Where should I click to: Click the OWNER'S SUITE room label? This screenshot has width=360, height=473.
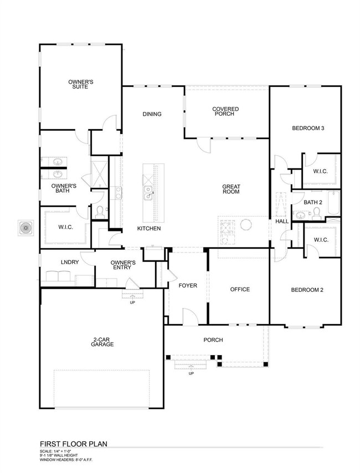[80, 85]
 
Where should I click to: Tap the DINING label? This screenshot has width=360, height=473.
[152, 115]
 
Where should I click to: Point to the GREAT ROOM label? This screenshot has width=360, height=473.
[230, 189]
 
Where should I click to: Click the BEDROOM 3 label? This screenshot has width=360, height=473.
[308, 128]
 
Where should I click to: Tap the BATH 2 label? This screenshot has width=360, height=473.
[312, 203]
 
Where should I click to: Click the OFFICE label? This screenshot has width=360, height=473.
[240, 289]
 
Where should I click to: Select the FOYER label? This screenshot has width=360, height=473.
[187, 286]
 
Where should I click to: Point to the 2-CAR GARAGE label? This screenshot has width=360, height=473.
[102, 342]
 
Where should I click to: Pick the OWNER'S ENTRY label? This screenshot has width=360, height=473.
[124, 265]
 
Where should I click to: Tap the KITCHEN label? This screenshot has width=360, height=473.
[149, 228]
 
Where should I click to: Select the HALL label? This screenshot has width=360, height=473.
[282, 222]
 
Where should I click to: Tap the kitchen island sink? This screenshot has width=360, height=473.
[148, 192]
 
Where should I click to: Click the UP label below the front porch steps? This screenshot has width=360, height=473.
[191, 373]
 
